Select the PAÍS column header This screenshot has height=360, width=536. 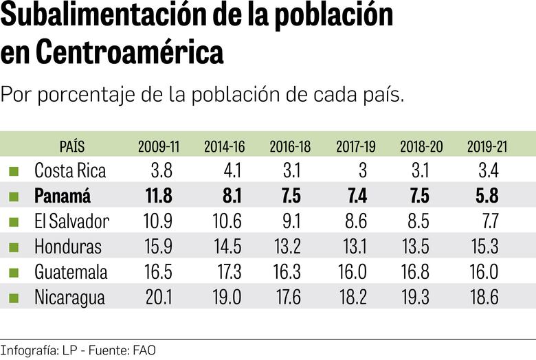72,146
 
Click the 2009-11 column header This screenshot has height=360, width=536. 158,146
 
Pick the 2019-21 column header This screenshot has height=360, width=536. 487,146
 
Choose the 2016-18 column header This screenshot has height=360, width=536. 290,146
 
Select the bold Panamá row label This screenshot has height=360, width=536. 63,196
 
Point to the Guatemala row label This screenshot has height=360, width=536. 71,271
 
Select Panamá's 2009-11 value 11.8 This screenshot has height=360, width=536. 159,196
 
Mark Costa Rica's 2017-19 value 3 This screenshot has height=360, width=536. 362,170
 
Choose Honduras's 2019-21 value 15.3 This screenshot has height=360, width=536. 483,247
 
